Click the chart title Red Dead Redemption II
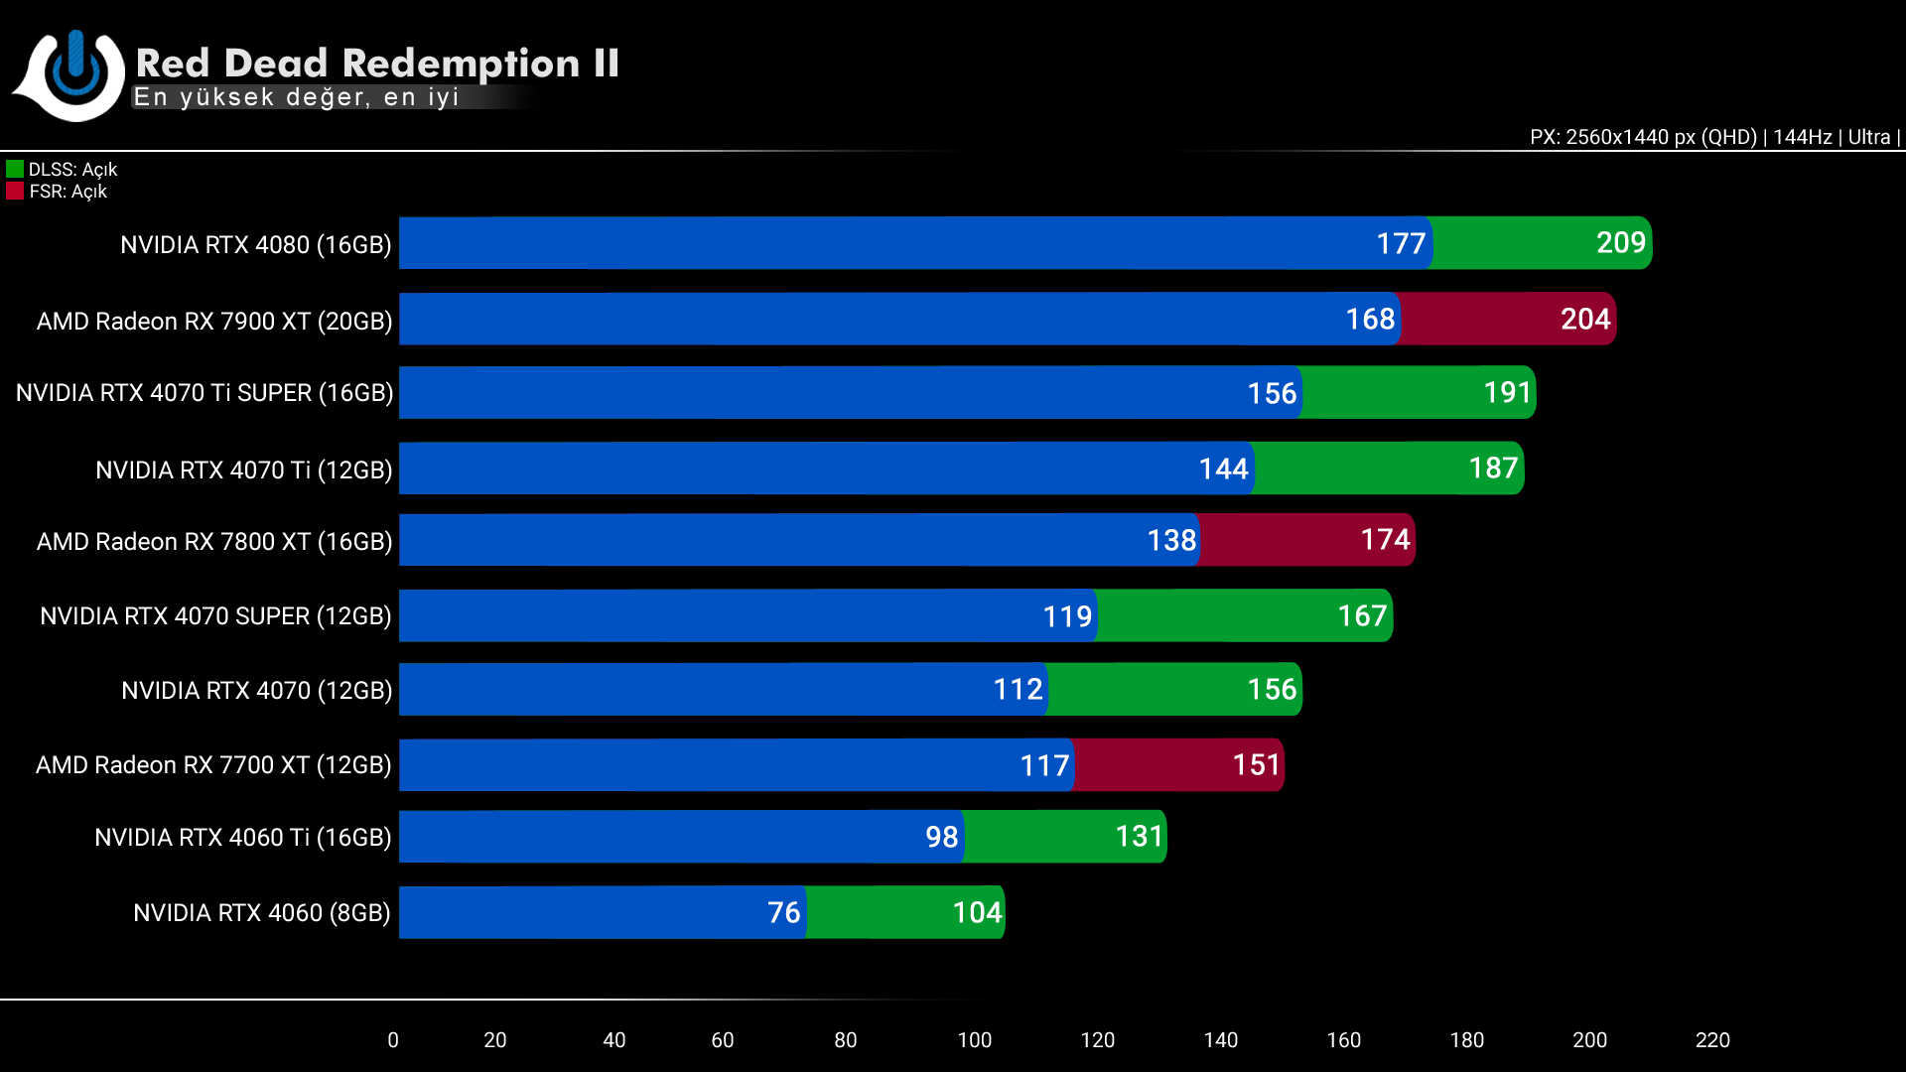pos(377,64)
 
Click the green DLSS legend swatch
pos(15,169)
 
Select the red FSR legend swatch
pos(15,191)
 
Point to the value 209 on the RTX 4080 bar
pos(1620,242)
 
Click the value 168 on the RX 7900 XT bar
pos(1370,319)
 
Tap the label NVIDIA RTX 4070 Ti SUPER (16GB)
pos(204,393)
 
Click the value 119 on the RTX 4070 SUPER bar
pos(1067,616)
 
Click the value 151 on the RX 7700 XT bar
pos(1256,764)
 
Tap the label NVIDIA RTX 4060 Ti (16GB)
pos(243,838)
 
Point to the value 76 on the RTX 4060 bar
pos(783,912)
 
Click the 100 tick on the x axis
pos(974,1040)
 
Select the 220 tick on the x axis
pos(1712,1040)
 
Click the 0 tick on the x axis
pos(393,1040)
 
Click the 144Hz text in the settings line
pos(1802,137)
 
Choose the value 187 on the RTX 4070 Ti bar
pos(1493,468)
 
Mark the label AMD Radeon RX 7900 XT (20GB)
pos(214,322)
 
